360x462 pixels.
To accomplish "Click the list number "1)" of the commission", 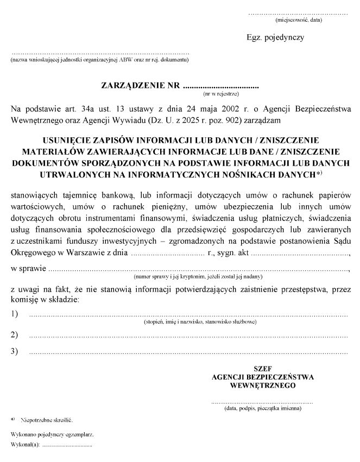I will click(x=15, y=314).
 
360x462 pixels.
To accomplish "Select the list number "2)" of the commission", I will click(x=15, y=334).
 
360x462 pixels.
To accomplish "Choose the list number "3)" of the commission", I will click(x=15, y=352).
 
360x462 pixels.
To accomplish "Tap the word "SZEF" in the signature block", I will click(x=263, y=368).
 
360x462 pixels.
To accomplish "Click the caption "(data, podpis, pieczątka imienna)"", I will click(x=263, y=408).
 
